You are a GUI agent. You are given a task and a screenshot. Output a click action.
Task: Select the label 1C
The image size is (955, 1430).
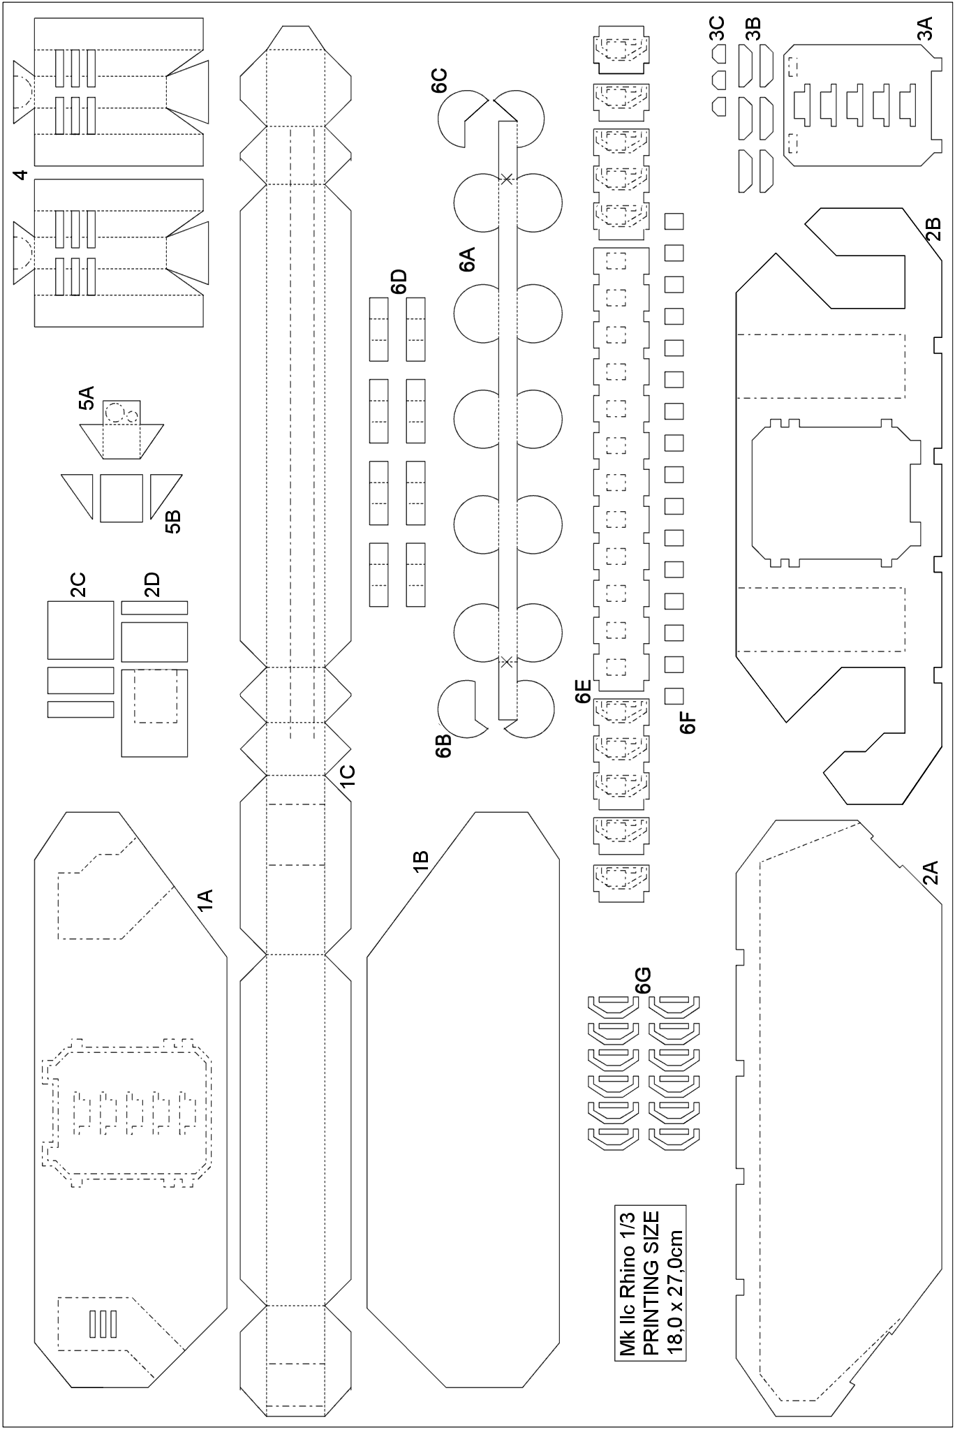347,776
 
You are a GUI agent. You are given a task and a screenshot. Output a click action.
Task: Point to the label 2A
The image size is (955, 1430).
930,873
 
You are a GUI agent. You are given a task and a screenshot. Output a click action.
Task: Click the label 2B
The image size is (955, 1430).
933,229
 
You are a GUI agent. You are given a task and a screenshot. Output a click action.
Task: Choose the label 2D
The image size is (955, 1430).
151,584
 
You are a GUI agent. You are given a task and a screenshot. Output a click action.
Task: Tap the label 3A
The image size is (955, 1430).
925,30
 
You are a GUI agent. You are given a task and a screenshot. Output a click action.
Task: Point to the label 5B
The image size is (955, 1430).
172,522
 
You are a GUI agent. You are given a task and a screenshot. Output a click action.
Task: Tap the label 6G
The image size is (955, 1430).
642,980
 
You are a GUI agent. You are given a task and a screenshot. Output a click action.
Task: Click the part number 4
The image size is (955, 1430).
21,175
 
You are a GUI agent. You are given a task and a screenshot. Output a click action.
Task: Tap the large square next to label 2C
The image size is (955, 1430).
80,629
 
